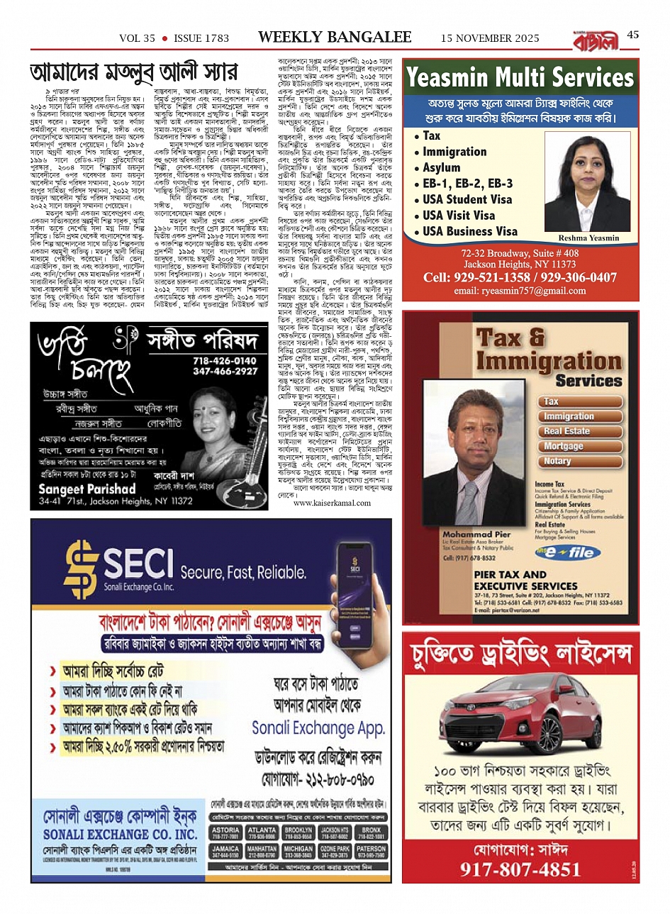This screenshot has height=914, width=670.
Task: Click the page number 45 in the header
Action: (632, 35)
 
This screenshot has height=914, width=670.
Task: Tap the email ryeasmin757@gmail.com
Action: (520, 291)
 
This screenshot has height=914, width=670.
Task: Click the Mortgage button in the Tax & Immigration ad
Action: (563, 446)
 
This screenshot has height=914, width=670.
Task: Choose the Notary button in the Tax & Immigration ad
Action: (557, 461)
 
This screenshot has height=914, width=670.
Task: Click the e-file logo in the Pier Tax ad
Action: (564, 553)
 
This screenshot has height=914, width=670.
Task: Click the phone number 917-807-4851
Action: (520, 870)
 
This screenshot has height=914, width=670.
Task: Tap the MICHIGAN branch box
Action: (298, 852)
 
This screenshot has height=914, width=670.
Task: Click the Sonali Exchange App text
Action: (318, 728)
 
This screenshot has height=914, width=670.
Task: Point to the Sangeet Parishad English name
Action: (86, 489)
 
